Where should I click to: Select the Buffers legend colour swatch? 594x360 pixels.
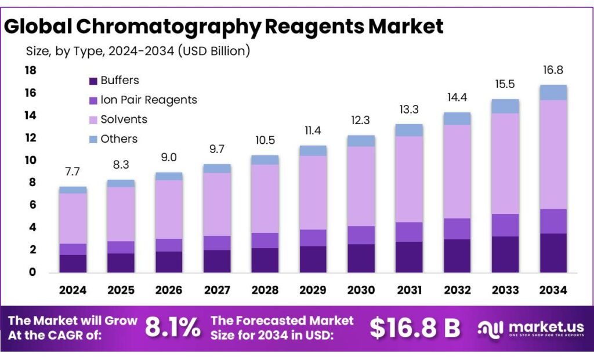(93, 81)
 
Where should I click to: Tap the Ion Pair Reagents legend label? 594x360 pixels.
(148, 100)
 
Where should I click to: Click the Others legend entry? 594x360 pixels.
(119, 139)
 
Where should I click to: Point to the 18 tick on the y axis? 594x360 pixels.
(30, 71)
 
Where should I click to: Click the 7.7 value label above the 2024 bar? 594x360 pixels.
(73, 172)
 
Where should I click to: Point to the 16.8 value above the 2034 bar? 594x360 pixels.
(553, 70)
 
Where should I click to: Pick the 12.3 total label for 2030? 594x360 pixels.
(360, 121)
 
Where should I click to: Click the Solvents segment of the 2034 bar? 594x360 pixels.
(553, 154)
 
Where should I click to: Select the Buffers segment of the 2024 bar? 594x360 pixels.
(73, 263)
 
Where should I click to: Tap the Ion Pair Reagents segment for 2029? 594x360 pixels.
(313, 238)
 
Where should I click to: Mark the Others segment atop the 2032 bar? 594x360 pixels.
(457, 118)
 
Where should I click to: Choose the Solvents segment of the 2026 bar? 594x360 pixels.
(169, 209)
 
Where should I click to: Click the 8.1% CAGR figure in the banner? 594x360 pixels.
(172, 328)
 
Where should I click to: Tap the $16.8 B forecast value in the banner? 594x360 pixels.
(415, 328)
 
